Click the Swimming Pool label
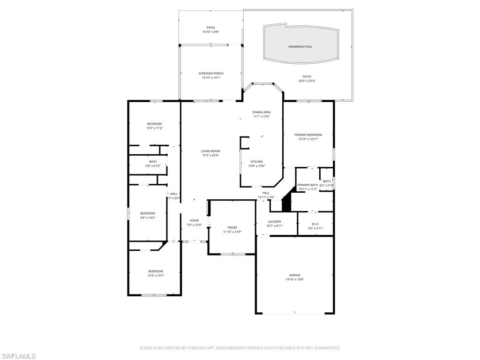pyautogui.click(x=300, y=47)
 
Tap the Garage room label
pyautogui.click(x=295, y=275)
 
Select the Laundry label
pyautogui.click(x=275, y=222)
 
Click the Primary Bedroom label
pyautogui.click(x=308, y=135)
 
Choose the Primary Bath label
pyautogui.click(x=307, y=185)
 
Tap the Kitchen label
pyautogui.click(x=256, y=162)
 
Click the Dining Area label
pyautogui.click(x=262, y=112)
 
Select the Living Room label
pyautogui.click(x=210, y=151)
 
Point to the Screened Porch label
pyautogui.click(x=211, y=73)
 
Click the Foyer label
pyautogui.click(x=194, y=220)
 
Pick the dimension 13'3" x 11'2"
pyautogui.click(x=155, y=128)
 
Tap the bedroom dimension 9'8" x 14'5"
pyautogui.click(x=147, y=217)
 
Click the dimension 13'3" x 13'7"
pyautogui.click(x=156, y=276)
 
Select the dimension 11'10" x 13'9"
pyautogui.click(x=232, y=232)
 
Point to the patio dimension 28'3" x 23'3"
pyautogui.click(x=307, y=81)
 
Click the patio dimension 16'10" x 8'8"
pyautogui.click(x=211, y=32)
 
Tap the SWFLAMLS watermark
pyautogui.click(x=18, y=356)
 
